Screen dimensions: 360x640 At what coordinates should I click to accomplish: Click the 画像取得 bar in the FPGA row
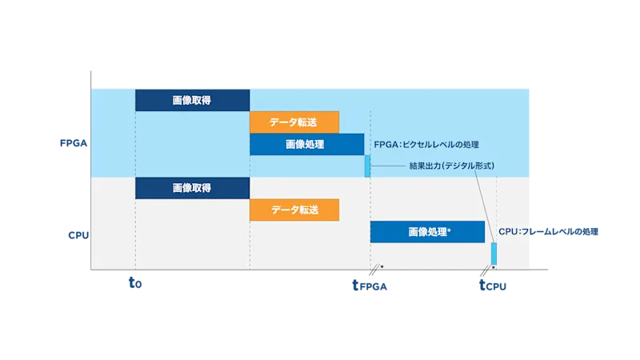click(192, 100)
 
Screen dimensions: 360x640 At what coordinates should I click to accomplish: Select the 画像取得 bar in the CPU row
click(192, 188)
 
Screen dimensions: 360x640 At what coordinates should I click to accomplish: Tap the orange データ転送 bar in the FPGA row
click(294, 122)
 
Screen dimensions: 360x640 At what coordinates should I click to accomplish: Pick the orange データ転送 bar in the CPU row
click(294, 210)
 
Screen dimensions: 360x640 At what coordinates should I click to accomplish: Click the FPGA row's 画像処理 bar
click(306, 145)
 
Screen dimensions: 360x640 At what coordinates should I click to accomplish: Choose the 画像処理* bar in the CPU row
click(427, 232)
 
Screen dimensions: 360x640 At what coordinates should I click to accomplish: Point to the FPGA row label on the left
click(73, 144)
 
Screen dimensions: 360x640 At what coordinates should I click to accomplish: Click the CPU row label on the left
click(78, 235)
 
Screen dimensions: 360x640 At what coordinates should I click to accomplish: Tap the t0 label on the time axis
click(135, 282)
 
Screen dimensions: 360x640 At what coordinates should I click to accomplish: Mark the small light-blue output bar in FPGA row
click(367, 166)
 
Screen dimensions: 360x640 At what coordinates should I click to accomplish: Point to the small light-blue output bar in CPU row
click(494, 253)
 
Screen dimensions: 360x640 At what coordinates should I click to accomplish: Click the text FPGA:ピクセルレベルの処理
click(426, 145)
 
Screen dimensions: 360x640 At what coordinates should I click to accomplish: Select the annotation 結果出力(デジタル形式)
click(441, 166)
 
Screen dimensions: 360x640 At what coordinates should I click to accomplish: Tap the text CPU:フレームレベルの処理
click(548, 231)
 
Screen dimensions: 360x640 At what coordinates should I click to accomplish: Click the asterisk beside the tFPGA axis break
click(382, 266)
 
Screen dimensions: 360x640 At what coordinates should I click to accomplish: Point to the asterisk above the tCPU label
click(493, 267)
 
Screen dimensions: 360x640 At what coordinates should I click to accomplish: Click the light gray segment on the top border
click(192, 86)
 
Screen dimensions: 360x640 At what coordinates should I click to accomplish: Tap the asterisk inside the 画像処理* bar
click(450, 230)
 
